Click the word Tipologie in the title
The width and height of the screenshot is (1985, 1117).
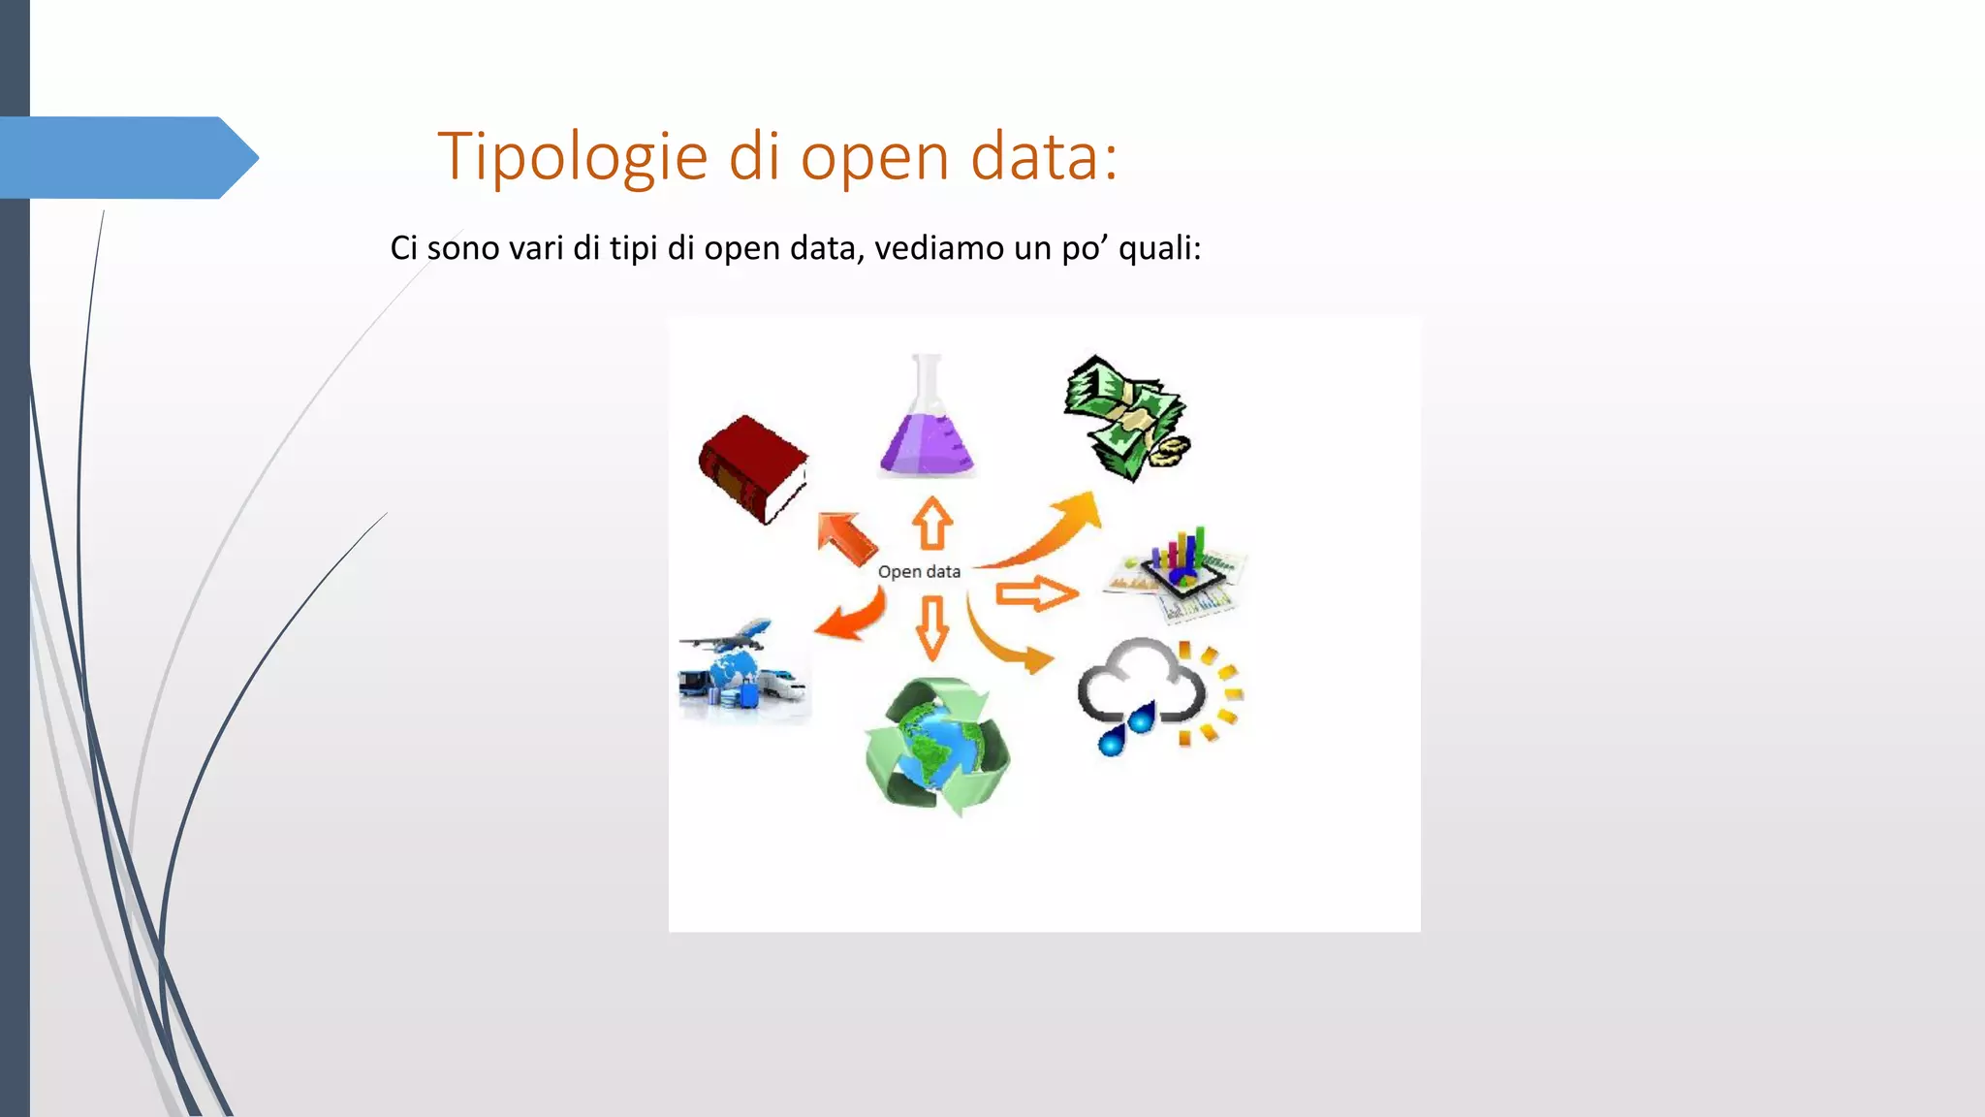(x=573, y=157)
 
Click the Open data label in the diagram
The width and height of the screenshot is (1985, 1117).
(x=919, y=572)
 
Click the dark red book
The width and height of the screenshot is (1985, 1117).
(x=753, y=468)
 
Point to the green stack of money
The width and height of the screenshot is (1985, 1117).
(x=1127, y=418)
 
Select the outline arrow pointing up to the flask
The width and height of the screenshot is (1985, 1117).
(x=932, y=524)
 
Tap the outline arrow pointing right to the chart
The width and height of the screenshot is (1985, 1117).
(x=1036, y=593)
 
